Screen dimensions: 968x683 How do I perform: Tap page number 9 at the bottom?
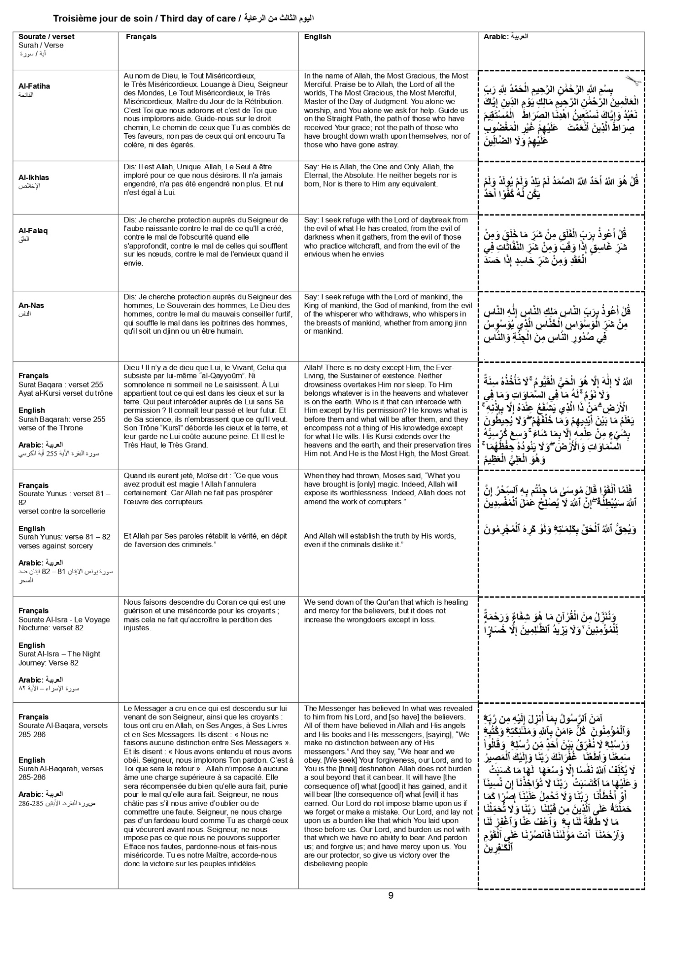coord(391,895)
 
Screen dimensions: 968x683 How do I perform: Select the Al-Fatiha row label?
coord(34,86)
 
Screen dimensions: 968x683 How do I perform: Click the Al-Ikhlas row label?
coord(34,178)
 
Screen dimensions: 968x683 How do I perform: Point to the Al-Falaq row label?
coord(33,230)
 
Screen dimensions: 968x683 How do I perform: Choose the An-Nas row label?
coord(31,305)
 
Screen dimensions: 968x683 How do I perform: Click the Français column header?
coord(141,37)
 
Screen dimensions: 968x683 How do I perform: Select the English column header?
coord(317,37)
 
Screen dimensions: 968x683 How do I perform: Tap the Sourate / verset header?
coord(46,37)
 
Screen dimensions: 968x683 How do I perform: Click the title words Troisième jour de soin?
coord(104,19)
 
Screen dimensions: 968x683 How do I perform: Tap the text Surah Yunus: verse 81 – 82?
coord(64,537)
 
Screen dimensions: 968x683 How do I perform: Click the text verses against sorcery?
coord(55,545)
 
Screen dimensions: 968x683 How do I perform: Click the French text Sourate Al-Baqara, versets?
coord(63,725)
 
